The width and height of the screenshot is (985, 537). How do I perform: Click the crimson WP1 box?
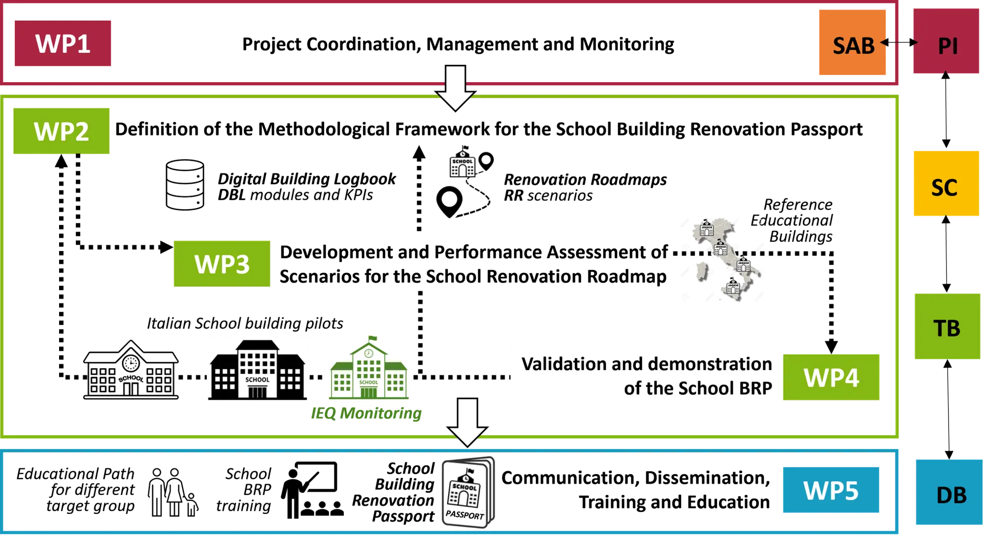pos(63,44)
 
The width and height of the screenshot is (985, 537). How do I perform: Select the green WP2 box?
pos(63,131)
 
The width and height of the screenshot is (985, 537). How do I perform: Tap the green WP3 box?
pos(222,263)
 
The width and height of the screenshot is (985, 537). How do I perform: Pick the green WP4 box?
pos(832,377)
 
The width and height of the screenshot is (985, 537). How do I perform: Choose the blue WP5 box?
pos(831,490)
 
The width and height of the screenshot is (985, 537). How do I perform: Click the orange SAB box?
pos(852,44)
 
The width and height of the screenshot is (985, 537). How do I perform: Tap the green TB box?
pos(947,327)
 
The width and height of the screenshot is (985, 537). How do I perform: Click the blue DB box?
pos(950,494)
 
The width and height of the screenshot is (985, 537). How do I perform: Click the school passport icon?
pos(466,492)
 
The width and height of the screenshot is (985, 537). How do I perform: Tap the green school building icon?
pos(368,368)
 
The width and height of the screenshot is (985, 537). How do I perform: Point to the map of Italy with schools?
pos(723,258)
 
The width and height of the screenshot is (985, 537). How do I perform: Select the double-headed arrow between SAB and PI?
pos(899,43)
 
